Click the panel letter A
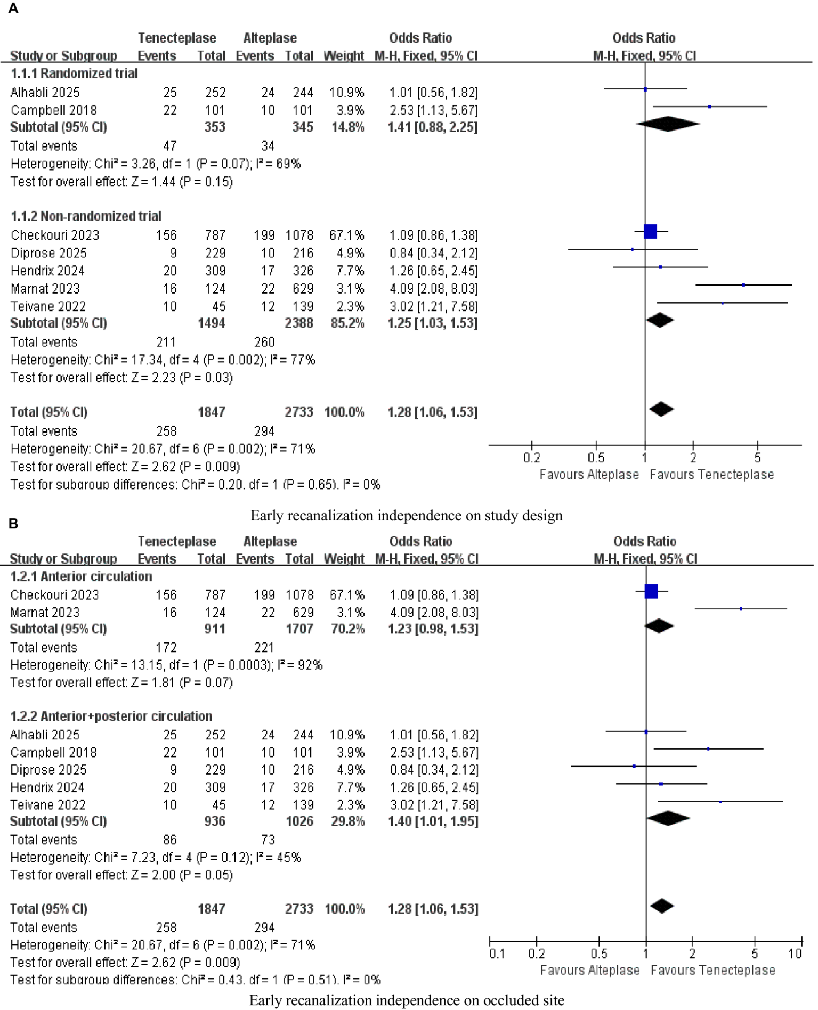pyautogui.click(x=13, y=9)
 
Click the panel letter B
pyautogui.click(x=13, y=524)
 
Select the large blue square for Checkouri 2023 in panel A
pyautogui.click(x=650, y=232)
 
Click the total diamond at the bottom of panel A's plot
pyautogui.click(x=662, y=410)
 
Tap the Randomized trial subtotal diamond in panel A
pyautogui.click(x=668, y=124)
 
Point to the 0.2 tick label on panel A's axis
pyautogui.click(x=532, y=458)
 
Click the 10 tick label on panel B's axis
pyautogui.click(x=795, y=954)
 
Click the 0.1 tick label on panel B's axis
pyautogui.click(x=497, y=954)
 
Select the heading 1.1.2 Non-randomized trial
pyautogui.click(x=86, y=216)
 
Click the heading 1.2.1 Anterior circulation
pyautogui.click(x=81, y=577)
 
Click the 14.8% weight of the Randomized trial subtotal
pyautogui.click(x=347, y=127)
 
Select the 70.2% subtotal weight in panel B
pyautogui.click(x=347, y=629)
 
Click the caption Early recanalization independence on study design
pyautogui.click(x=406, y=516)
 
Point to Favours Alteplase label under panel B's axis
pyautogui.click(x=589, y=971)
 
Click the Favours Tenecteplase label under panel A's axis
pyautogui.click(x=711, y=475)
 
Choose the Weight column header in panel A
pyautogui.click(x=344, y=56)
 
